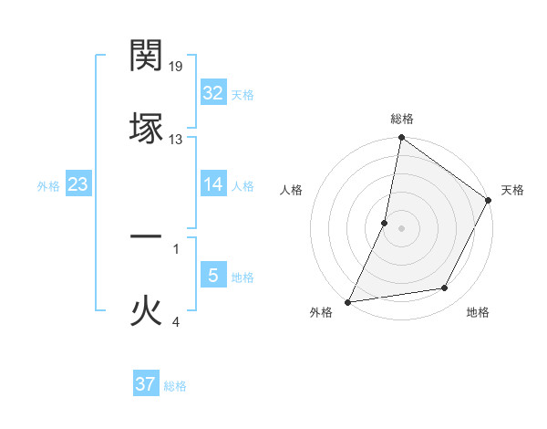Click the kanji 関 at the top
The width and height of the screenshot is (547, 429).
coord(146,57)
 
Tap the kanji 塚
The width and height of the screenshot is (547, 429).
coord(146,128)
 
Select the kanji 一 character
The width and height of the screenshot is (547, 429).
coord(146,236)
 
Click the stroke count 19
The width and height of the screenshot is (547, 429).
coord(177,67)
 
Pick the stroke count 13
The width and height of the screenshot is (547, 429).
coord(176,140)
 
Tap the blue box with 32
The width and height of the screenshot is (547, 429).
coord(213,93)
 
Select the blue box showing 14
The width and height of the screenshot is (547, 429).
coord(213,184)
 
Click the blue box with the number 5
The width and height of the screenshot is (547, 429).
coord(213,276)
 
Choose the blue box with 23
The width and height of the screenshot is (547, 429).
coord(77,185)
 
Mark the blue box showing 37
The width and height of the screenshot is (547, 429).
coord(146,384)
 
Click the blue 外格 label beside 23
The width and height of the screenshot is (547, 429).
coord(48,186)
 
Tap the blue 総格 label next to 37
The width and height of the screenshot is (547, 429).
coord(175,386)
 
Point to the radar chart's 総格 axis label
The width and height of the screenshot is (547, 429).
coord(402,119)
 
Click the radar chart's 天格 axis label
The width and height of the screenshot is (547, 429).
coord(512,190)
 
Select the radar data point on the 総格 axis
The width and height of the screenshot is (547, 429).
coord(401,139)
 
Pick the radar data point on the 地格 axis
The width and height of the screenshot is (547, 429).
coord(445,288)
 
